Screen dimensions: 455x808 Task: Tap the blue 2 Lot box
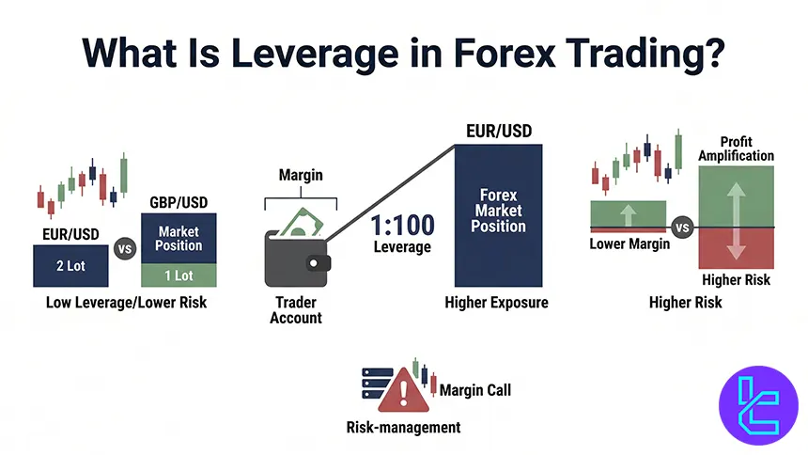coord(70,266)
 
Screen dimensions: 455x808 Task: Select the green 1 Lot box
coord(179,275)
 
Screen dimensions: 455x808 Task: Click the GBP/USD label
coord(179,202)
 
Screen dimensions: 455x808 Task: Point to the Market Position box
coord(179,238)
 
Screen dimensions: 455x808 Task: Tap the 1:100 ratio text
coord(401,226)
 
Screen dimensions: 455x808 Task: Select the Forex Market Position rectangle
coord(498,214)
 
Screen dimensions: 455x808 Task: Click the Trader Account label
coord(296,310)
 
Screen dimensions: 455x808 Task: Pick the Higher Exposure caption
coord(496,303)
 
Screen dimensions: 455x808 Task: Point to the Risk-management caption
coord(404,428)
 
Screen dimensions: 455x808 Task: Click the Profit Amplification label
coord(736,149)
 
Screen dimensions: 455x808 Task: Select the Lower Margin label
coord(628,244)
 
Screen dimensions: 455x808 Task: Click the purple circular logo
coord(757,405)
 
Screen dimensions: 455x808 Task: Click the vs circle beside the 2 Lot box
coord(123,250)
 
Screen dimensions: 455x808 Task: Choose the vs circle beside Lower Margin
coord(682,227)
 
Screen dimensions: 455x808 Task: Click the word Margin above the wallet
coord(301,176)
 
